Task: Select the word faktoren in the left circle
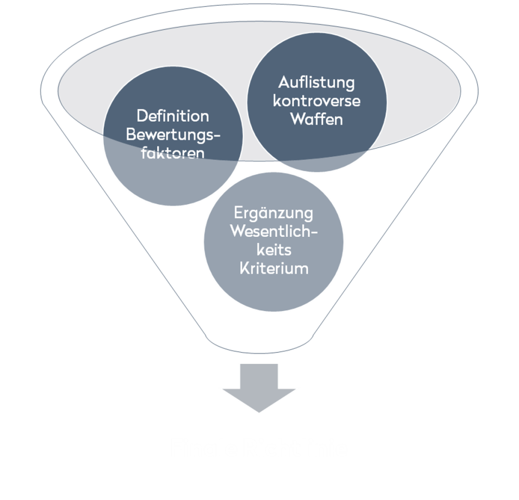click(x=173, y=154)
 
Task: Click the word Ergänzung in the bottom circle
click(x=274, y=212)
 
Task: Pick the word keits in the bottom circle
click(x=274, y=250)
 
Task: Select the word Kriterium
click(x=274, y=268)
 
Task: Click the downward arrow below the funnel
click(x=259, y=388)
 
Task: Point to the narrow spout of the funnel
click(x=259, y=343)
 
